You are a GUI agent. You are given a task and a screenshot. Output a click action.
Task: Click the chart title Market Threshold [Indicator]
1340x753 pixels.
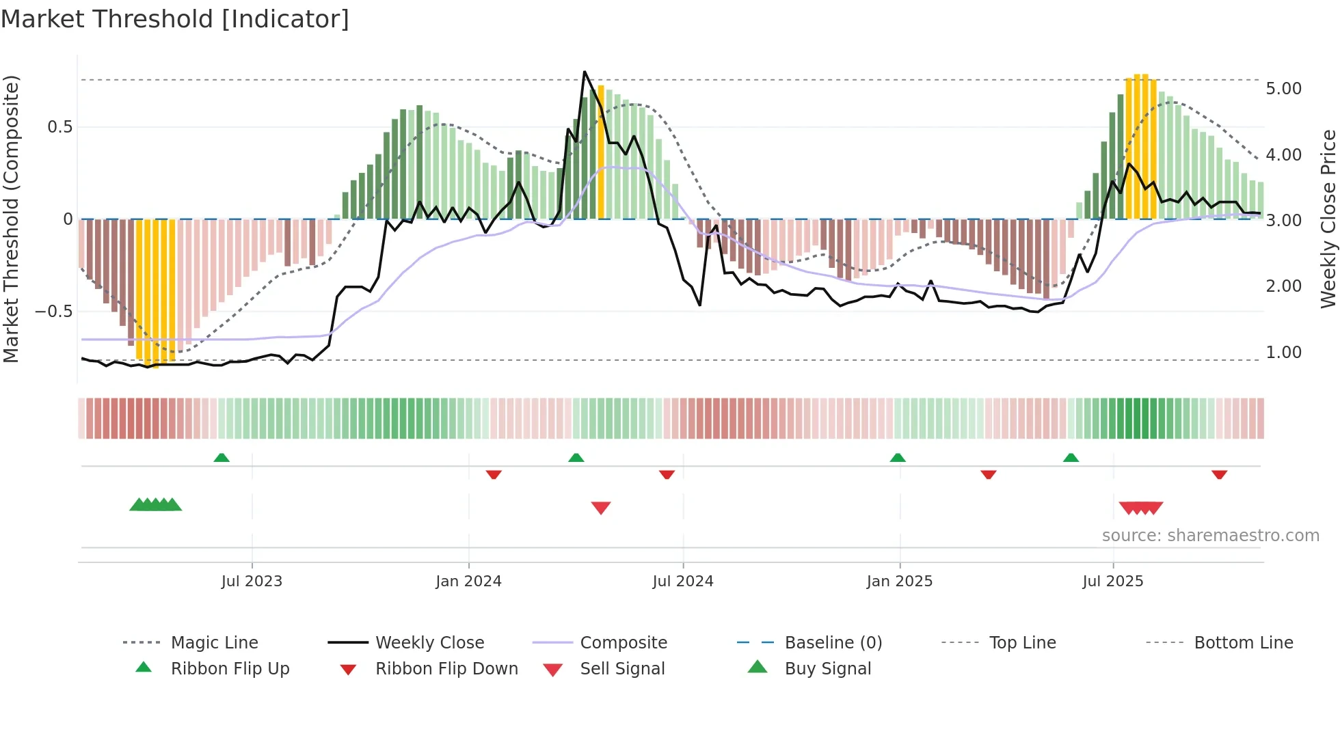pos(175,19)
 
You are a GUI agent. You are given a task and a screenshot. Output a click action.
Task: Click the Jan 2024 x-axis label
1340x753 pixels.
pos(468,581)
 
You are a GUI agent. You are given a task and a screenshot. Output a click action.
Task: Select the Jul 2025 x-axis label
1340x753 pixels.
pos(1112,581)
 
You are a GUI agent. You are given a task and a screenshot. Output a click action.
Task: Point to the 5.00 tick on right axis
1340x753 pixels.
pos(1283,89)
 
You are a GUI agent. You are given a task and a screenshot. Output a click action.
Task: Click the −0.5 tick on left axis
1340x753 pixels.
pos(53,312)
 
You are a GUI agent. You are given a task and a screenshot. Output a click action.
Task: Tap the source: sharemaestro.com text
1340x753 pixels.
pos(1210,536)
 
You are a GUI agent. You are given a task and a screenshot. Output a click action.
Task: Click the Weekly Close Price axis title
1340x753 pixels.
pos(1328,219)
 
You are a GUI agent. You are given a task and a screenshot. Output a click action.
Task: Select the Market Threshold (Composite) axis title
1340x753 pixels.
pos(11,219)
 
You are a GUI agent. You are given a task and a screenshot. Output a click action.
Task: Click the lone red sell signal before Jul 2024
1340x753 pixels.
pos(600,508)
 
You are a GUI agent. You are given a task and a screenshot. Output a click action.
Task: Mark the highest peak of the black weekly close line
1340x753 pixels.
pos(585,72)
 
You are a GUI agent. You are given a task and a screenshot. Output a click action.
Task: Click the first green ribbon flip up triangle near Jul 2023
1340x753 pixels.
pos(222,458)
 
